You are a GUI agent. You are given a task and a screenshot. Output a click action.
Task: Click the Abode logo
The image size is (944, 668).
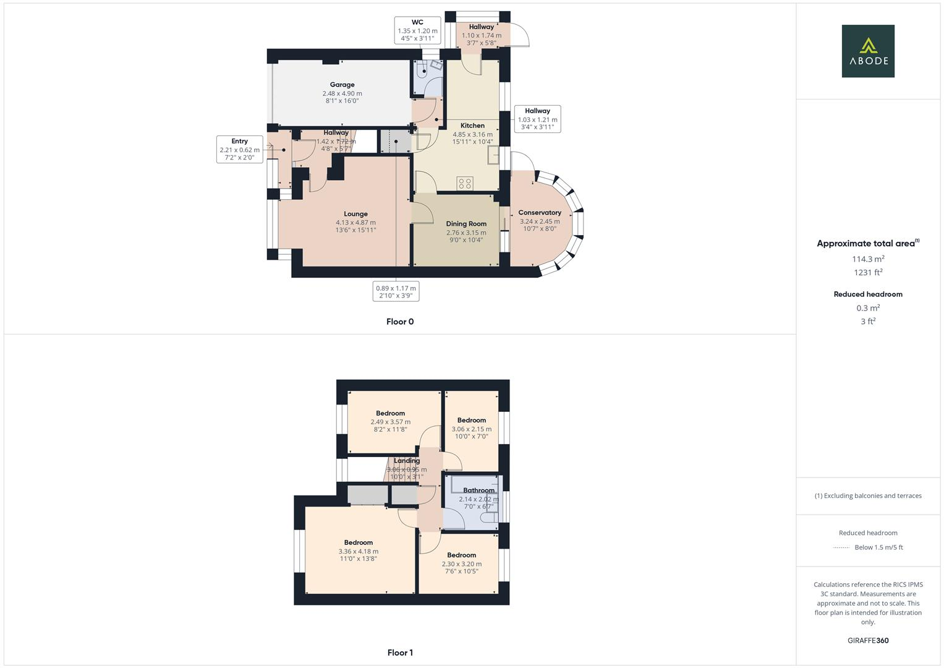[867, 51]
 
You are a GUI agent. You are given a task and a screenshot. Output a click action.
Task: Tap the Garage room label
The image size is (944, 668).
[342, 85]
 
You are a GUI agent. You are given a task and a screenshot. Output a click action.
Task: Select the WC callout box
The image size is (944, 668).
[417, 30]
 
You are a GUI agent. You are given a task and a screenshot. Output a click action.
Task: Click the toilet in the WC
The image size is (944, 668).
[424, 70]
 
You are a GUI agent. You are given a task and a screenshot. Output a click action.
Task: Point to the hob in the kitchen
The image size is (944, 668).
[464, 183]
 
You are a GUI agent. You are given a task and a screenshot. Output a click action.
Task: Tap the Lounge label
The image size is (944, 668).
[355, 214]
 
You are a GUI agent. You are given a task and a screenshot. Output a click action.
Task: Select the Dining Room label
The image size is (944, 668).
[466, 224]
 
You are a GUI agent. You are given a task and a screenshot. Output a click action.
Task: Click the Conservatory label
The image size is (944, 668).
[539, 213]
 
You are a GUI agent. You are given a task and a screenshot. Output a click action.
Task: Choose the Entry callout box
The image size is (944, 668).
[239, 149]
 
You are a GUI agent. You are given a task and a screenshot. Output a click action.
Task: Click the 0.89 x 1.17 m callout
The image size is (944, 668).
[396, 291]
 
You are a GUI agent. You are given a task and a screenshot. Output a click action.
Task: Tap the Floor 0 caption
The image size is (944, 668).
[400, 322]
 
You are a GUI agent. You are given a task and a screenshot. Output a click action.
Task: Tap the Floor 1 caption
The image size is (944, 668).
[400, 653]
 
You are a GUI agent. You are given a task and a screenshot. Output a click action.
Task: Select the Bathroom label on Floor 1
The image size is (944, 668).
[478, 490]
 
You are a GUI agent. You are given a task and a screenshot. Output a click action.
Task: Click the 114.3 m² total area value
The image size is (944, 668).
[868, 259]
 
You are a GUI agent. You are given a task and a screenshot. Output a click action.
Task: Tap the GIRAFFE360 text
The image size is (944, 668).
[868, 641]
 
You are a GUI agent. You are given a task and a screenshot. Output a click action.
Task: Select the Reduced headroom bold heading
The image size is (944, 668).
[868, 294]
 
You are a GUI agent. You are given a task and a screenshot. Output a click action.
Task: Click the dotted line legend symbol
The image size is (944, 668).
[841, 547]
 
